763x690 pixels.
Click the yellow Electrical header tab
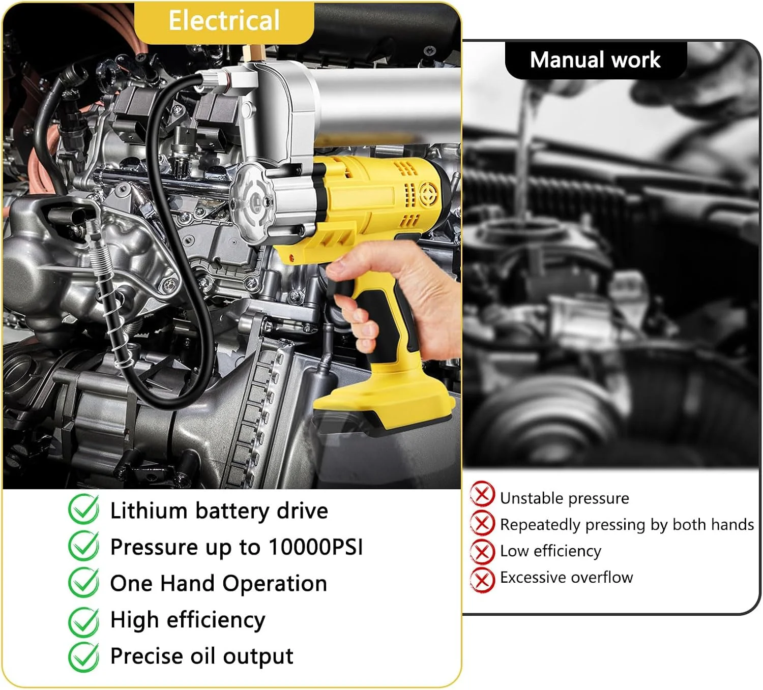[x=224, y=22]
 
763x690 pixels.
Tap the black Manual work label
[x=596, y=60]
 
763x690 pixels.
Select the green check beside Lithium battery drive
[x=84, y=509]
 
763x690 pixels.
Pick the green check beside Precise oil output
[x=84, y=657]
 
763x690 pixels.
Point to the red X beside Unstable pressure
[x=482, y=494]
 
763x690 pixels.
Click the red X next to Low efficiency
[x=482, y=551]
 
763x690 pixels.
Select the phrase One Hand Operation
[x=219, y=583]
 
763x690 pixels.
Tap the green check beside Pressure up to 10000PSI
[x=84, y=546]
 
